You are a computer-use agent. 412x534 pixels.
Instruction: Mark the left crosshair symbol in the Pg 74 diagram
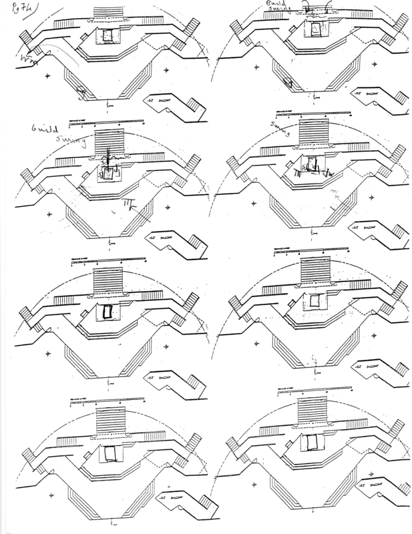point(48,77)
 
